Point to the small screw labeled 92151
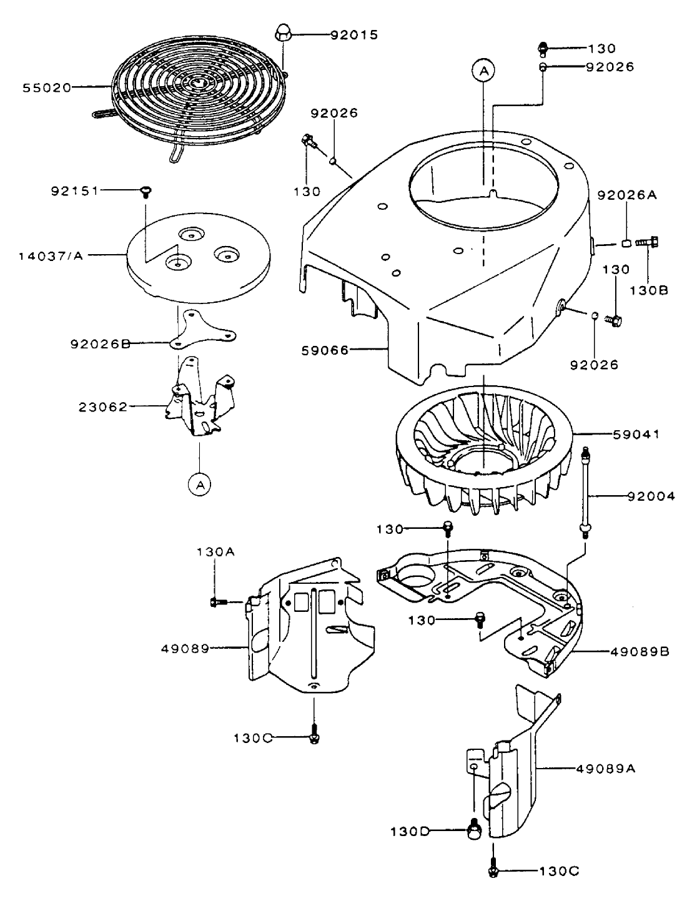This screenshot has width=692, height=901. click(x=147, y=190)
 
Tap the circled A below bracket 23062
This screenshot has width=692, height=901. click(x=199, y=484)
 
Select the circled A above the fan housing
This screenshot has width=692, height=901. click(x=483, y=72)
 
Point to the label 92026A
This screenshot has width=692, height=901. click(x=627, y=194)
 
